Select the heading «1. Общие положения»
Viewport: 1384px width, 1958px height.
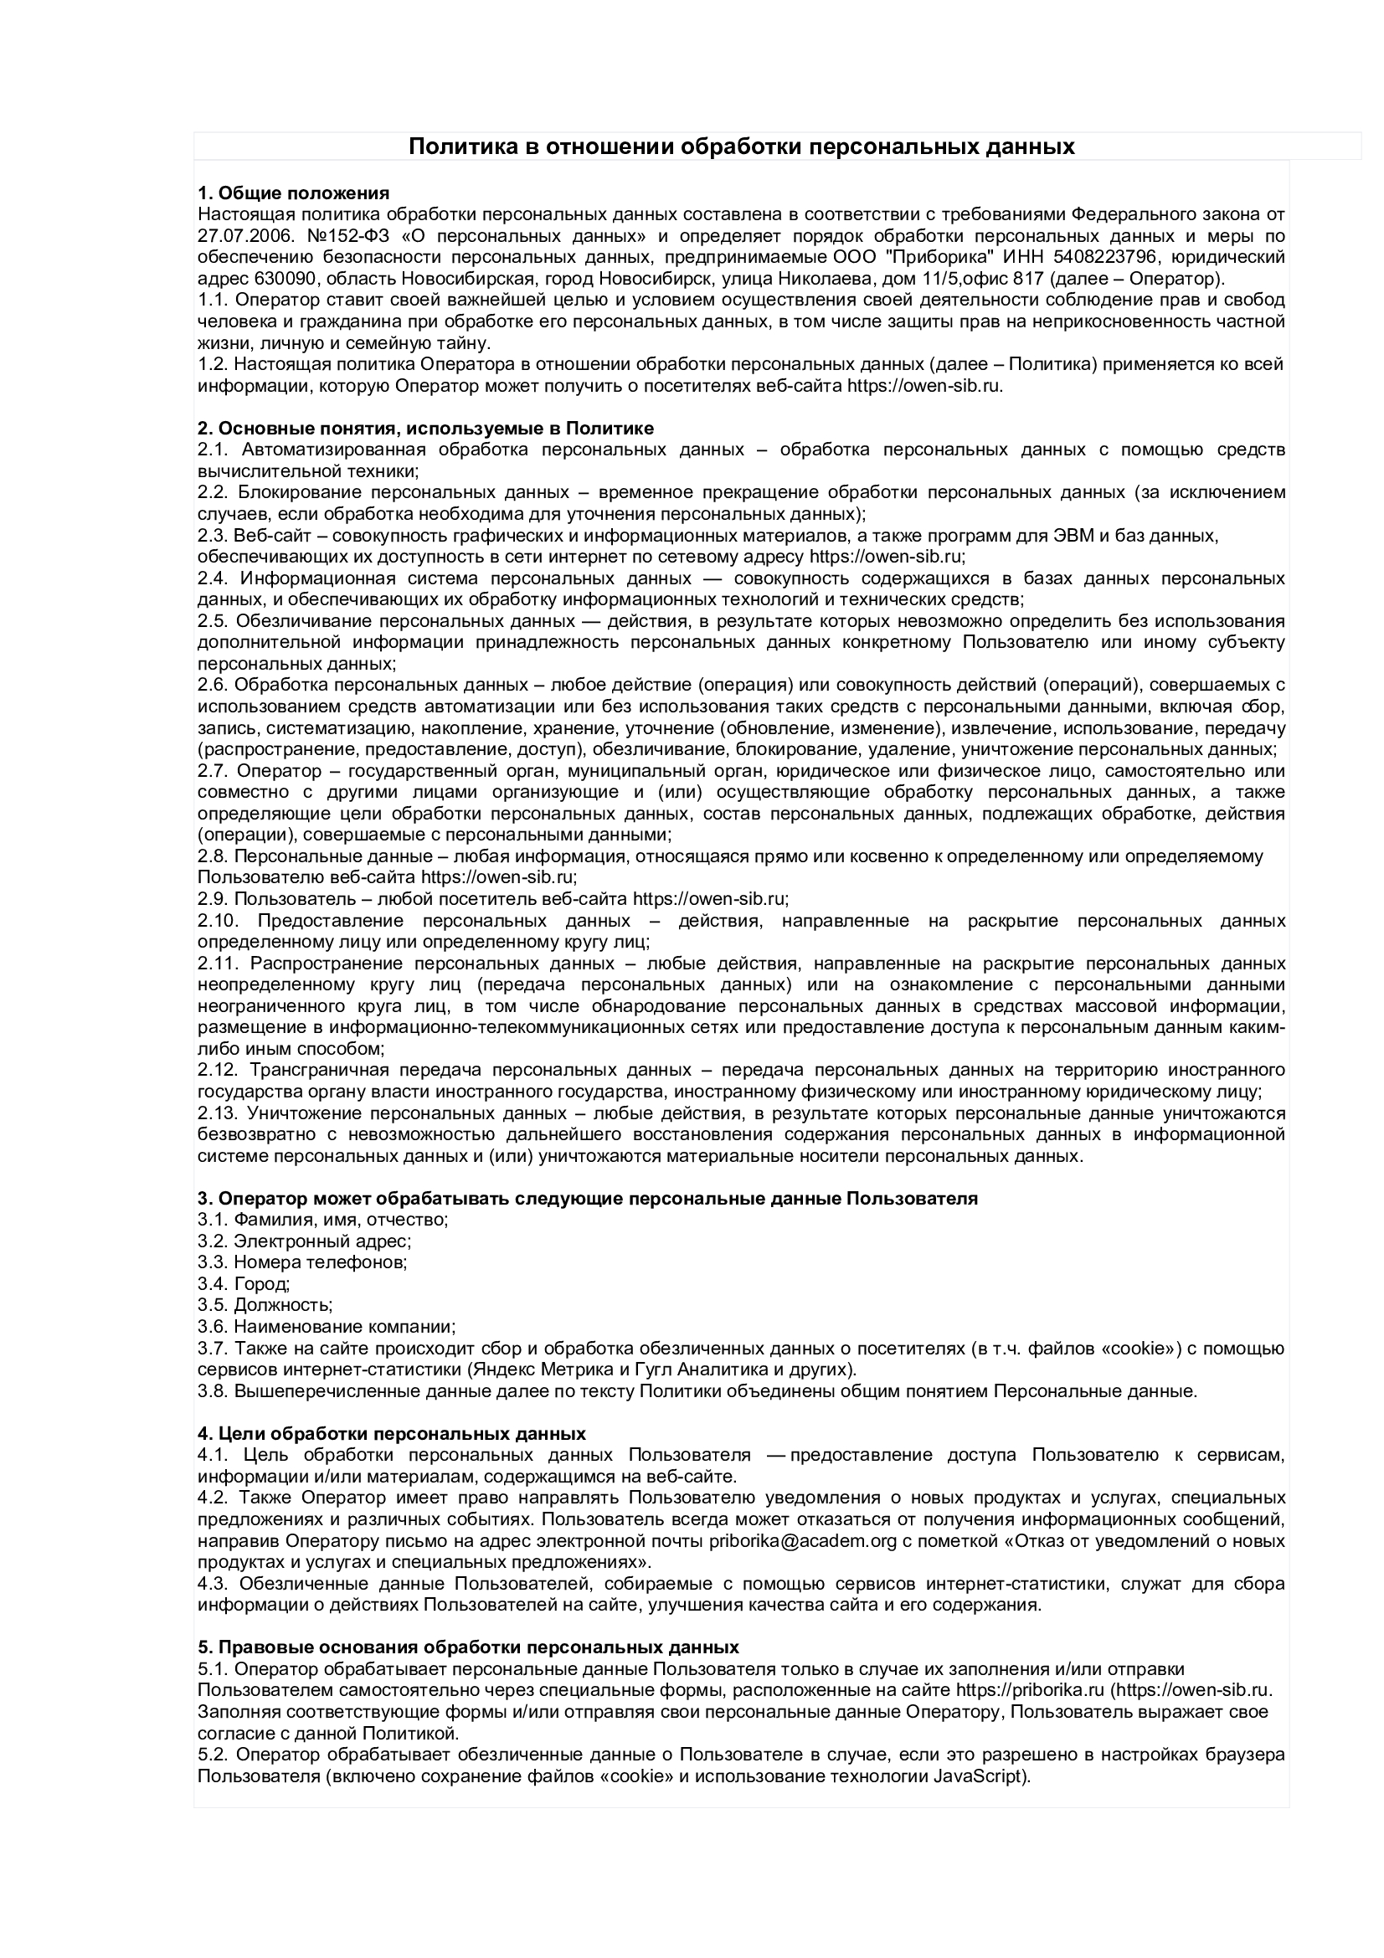point(293,193)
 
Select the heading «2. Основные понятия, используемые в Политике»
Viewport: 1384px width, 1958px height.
point(425,428)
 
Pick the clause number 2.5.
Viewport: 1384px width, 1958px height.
point(214,620)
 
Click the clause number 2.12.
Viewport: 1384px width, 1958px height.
point(218,1069)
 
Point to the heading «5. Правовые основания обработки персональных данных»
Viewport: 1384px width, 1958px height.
point(468,1646)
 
